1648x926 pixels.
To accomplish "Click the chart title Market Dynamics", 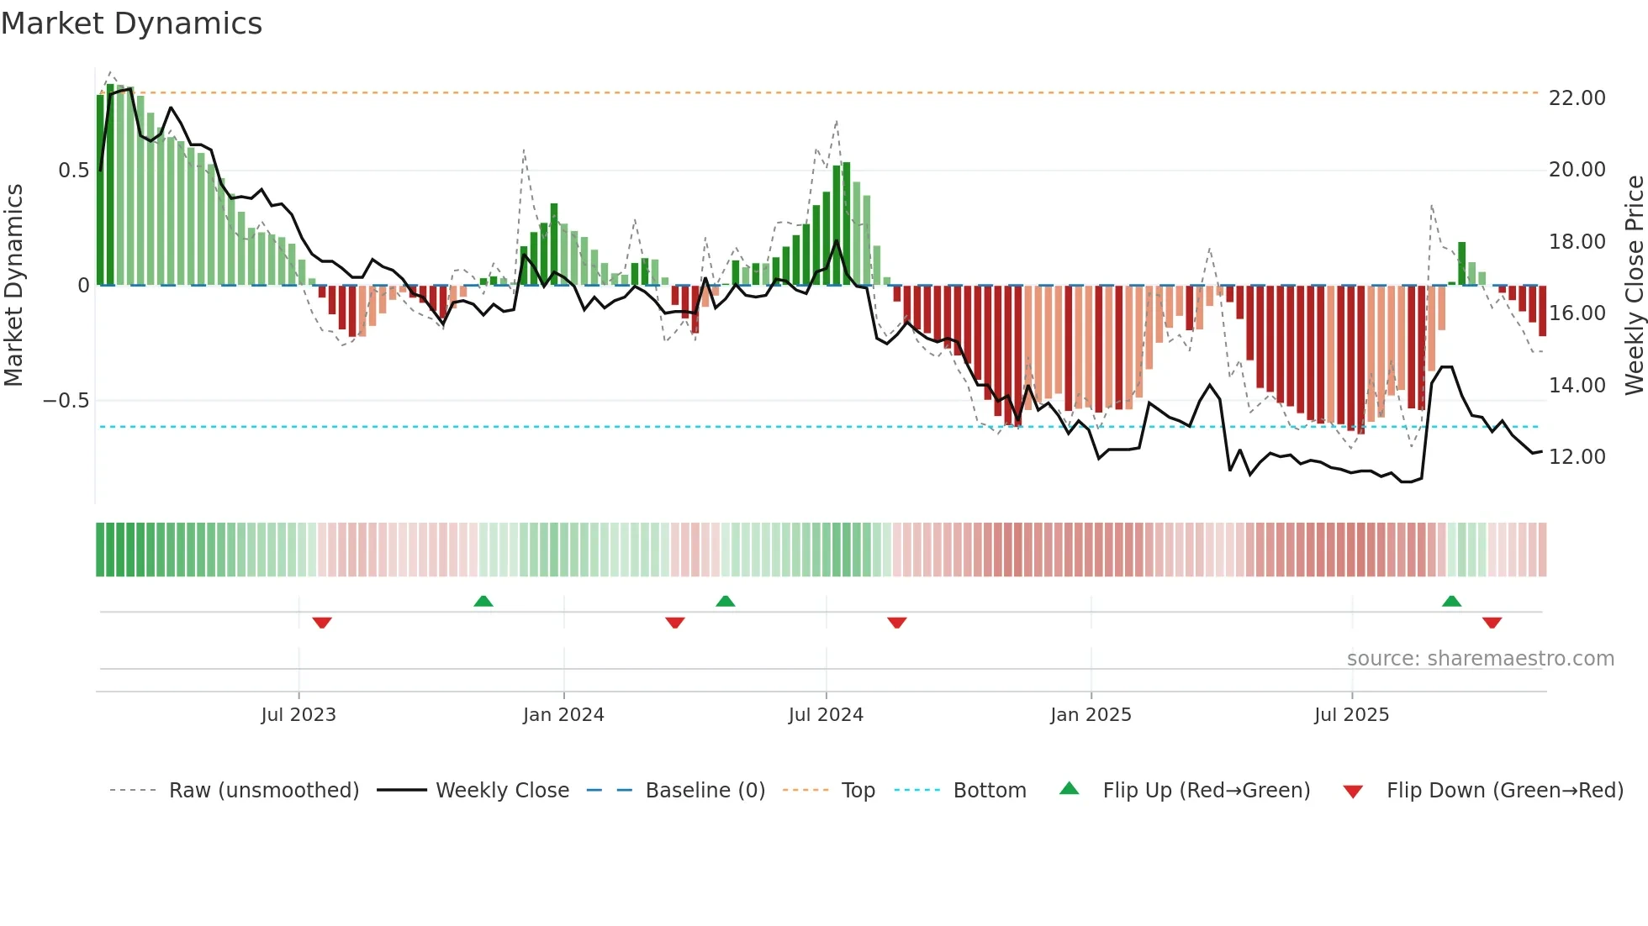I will click(131, 24).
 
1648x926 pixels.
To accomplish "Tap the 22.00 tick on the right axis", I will click(1577, 98).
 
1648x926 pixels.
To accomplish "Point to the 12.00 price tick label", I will click(1577, 457).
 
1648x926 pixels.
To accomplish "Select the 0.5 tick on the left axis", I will click(73, 171).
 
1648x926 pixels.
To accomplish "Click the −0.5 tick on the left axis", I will click(66, 401).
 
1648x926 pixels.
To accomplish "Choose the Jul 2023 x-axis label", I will click(298, 715).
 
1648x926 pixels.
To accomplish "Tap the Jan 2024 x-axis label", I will click(563, 715).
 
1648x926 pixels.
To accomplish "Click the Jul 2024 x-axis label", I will click(826, 715).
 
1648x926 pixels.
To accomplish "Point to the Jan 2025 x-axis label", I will click(1091, 715).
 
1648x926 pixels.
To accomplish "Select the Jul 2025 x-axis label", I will click(1352, 715).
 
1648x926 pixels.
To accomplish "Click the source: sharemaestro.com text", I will click(1480, 659).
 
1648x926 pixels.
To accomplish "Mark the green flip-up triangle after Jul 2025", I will click(1451, 601).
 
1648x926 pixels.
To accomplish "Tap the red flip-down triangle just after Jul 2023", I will click(322, 623).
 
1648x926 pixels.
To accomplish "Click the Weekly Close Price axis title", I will click(1634, 285).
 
